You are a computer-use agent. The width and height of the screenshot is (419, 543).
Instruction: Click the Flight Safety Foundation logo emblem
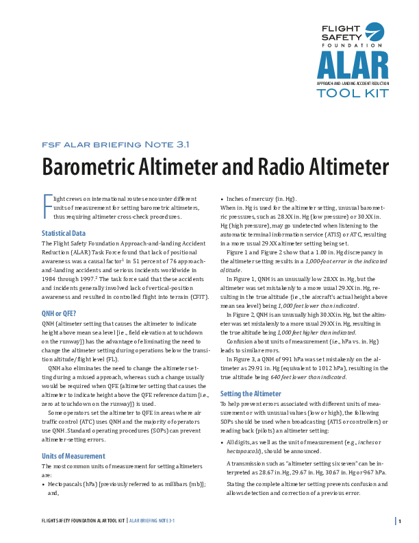[374, 33]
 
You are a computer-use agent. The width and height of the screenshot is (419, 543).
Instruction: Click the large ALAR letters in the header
[352, 65]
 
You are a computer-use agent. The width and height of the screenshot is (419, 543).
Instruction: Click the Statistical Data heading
[64, 233]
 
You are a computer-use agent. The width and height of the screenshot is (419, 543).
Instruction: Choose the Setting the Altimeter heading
[251, 394]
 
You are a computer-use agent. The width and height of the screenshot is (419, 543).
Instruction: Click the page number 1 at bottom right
[398, 522]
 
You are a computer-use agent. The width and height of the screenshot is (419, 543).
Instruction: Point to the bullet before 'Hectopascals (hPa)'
[44, 483]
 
